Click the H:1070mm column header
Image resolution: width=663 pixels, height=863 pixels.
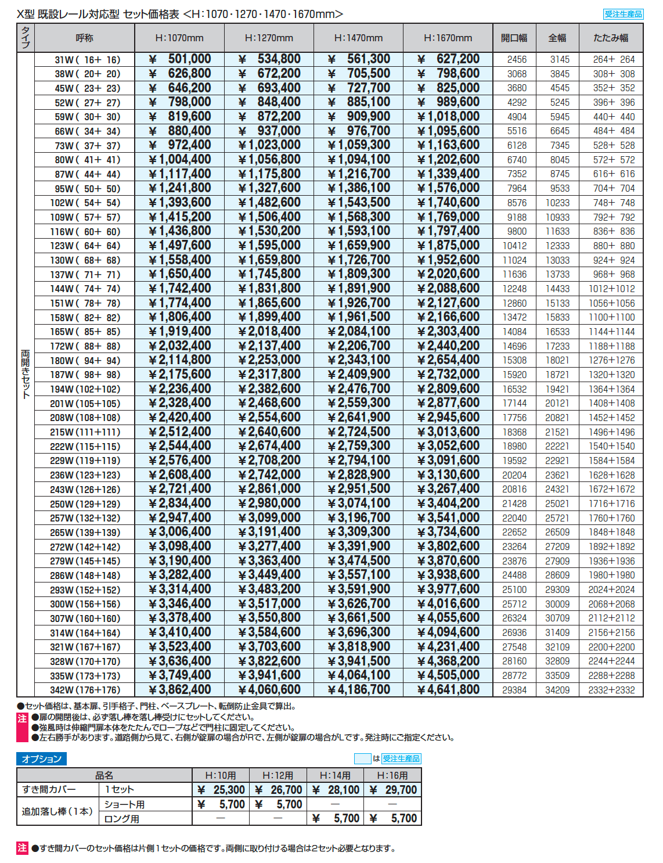(179, 38)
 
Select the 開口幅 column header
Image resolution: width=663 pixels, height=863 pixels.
(514, 38)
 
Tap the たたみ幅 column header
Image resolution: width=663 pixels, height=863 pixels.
(611, 38)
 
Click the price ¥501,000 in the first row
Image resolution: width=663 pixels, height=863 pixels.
(180, 59)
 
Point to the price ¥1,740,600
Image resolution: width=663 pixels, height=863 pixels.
(449, 203)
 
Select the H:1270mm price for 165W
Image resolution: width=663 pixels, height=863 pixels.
(269, 332)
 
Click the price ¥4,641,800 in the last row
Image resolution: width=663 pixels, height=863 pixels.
(449, 690)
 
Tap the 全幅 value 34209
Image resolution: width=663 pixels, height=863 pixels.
(557, 690)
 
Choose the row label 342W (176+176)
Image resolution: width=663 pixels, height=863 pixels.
(85, 690)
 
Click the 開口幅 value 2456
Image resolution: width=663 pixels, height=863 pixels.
(517, 59)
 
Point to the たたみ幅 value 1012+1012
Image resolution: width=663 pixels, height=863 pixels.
(611, 289)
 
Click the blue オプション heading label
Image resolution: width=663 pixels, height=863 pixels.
(41, 758)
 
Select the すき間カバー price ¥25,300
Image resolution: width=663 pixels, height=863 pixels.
(221, 790)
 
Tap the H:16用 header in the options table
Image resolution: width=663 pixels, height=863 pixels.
(392, 775)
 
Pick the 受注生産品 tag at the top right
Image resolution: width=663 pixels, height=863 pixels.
(623, 14)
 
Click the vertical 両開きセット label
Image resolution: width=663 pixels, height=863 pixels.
(26, 374)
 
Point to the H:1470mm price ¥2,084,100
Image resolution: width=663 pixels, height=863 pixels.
(359, 332)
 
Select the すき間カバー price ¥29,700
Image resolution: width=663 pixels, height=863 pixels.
(393, 790)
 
